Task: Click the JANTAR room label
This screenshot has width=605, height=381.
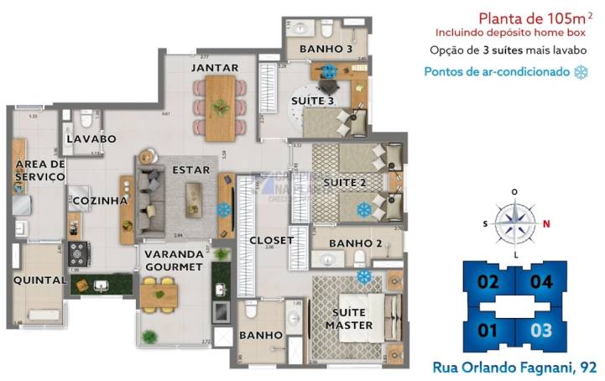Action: (x=215, y=68)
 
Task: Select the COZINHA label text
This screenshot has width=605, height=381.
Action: (x=100, y=201)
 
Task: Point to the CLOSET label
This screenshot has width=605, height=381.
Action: (x=272, y=241)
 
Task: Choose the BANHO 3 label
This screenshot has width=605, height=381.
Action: (x=326, y=49)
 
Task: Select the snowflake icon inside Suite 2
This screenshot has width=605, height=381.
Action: (x=364, y=208)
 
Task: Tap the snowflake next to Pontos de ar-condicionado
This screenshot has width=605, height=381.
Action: (x=579, y=72)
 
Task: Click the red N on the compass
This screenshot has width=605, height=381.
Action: (x=545, y=223)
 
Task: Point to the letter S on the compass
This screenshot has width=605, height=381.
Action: (x=485, y=223)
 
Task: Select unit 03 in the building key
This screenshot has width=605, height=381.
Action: (x=541, y=330)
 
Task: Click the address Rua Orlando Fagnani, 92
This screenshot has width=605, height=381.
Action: (x=515, y=366)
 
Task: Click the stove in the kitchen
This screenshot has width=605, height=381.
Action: (x=80, y=252)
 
